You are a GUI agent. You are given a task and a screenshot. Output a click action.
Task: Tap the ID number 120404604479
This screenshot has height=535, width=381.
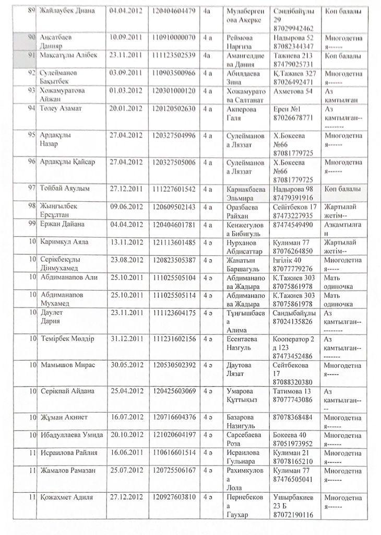pyautogui.click(x=175, y=11)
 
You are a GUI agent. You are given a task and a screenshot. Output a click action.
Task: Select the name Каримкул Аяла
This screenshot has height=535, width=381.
pyautogui.click(x=64, y=242)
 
